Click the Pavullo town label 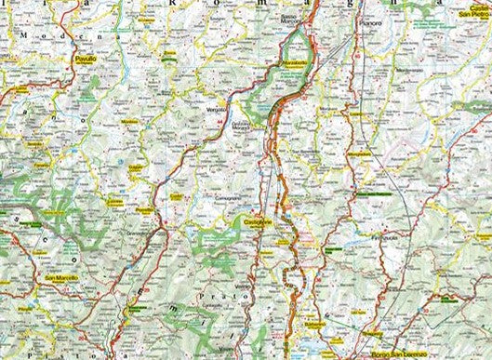(x=85, y=58)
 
